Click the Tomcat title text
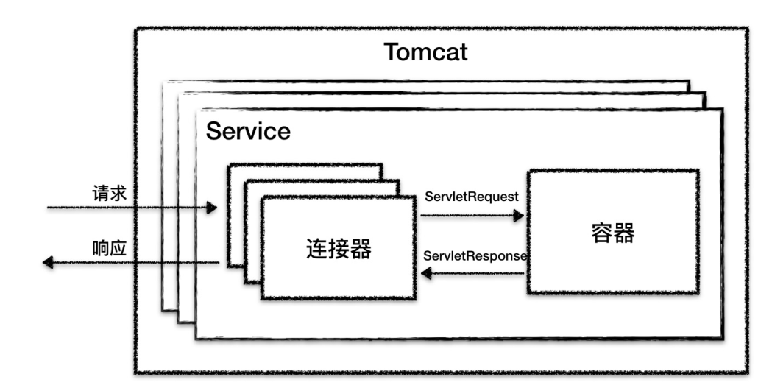(x=426, y=54)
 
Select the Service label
(x=248, y=132)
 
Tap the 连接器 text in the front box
(x=338, y=249)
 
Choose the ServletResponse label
(x=475, y=255)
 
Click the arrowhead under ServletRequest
(x=519, y=215)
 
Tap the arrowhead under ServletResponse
(x=425, y=274)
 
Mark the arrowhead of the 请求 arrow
(x=212, y=208)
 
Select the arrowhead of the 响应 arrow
(x=49, y=262)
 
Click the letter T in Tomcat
(x=390, y=54)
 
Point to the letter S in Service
(x=213, y=132)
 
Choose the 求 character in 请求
(x=119, y=193)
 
